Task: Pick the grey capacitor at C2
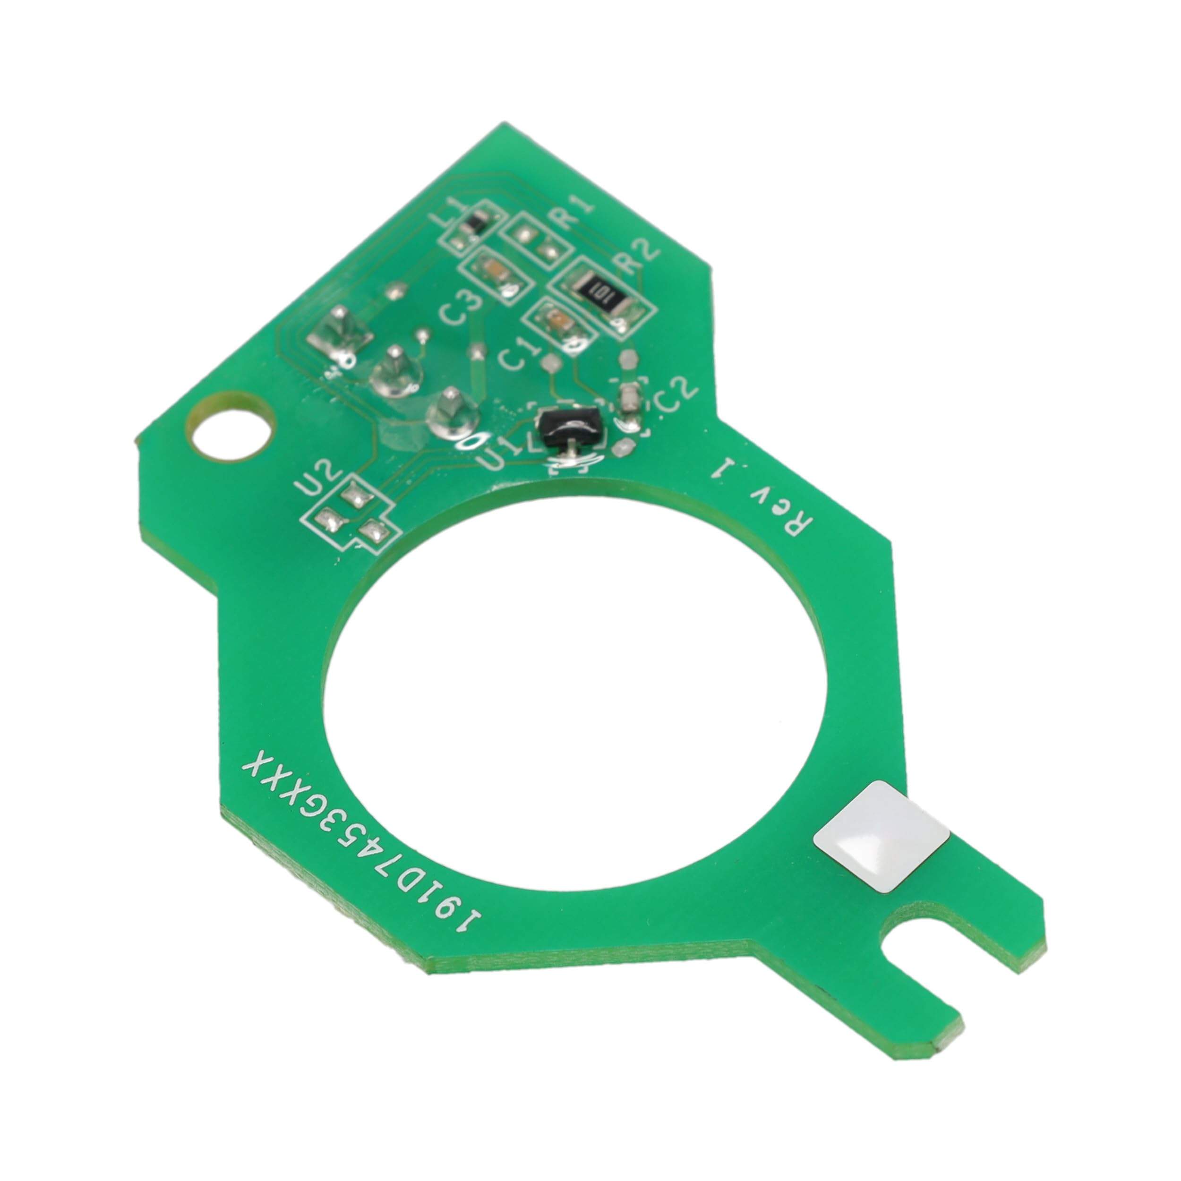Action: (x=628, y=401)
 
